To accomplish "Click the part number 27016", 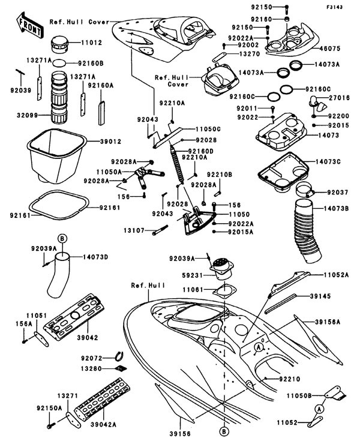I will [339, 95].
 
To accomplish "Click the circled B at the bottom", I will [224, 431].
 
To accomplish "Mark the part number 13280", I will [95, 367].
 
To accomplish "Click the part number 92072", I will [95, 358].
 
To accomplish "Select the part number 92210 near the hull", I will [289, 379].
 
